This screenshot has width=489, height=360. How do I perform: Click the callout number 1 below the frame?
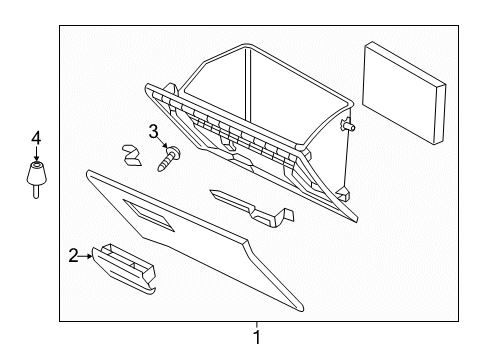pos(257,338)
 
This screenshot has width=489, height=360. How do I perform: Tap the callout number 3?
pos(154,131)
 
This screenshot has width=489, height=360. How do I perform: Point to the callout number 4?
pos(37,138)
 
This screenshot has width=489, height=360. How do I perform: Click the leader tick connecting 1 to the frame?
pos(257,324)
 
